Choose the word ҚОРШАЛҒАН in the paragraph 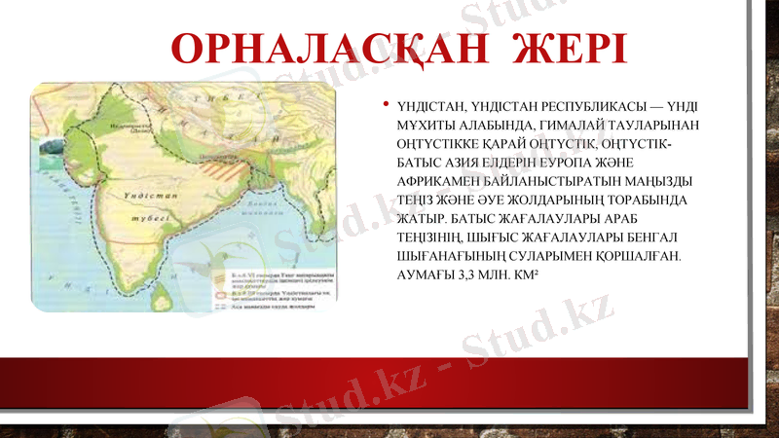pyautogui.click(x=630, y=255)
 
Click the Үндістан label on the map pyautogui.click(x=145, y=196)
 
